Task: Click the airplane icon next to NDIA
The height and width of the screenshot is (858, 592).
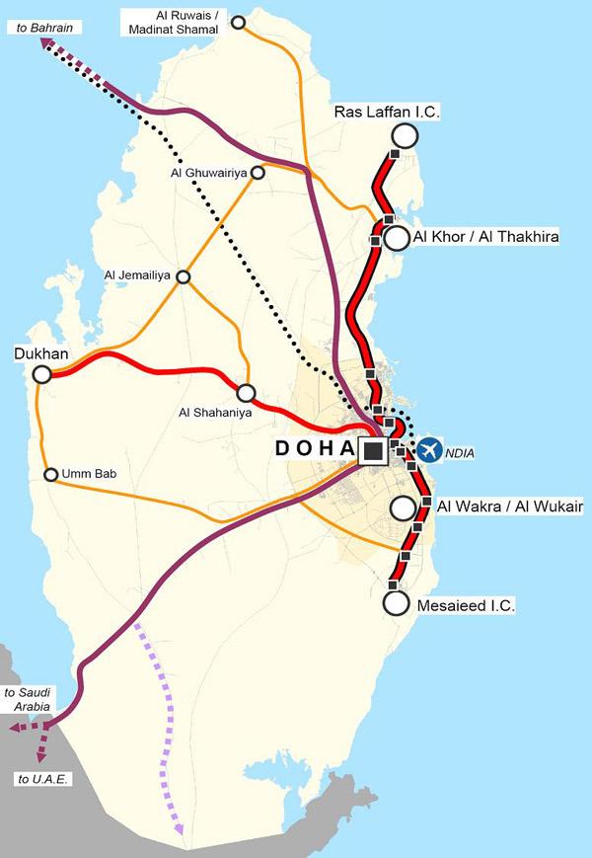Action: [x=429, y=450]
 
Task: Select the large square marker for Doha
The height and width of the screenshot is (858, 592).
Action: [x=372, y=451]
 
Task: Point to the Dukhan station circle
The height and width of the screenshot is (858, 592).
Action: [x=41, y=374]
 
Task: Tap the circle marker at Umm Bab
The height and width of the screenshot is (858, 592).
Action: [x=50, y=475]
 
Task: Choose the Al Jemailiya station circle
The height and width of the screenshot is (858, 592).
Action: [x=183, y=276]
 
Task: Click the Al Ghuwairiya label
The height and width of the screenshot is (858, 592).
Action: [x=209, y=176]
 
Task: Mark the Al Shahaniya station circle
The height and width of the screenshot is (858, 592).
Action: [x=246, y=392]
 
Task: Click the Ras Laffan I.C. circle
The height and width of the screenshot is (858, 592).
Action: [x=404, y=136]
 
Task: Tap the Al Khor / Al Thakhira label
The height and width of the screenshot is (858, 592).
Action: [x=486, y=238]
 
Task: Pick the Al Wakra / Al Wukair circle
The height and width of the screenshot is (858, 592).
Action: [x=403, y=508]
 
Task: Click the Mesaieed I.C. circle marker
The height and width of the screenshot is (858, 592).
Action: [x=397, y=602]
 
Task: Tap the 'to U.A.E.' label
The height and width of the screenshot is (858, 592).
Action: [x=37, y=779]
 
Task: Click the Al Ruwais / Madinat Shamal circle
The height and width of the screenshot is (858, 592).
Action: [x=238, y=22]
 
